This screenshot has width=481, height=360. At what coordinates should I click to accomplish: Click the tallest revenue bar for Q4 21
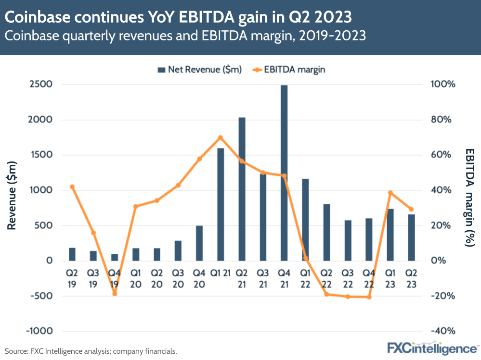pos(284,173)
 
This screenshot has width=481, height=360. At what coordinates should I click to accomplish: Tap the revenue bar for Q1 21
pos(221,204)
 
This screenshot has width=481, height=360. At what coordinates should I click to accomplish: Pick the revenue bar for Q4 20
pos(199,243)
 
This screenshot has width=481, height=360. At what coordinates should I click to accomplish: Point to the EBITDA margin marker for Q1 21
pos(221,138)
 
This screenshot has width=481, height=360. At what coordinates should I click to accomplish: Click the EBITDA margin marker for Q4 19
pos(115,294)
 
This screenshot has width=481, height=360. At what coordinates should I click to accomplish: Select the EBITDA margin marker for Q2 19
pos(72,187)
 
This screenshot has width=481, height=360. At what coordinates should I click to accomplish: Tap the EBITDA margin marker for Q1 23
pos(390,193)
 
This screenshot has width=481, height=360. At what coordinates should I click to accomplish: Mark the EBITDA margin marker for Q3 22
pos(348,297)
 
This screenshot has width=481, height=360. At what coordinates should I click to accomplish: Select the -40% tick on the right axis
pos(439,331)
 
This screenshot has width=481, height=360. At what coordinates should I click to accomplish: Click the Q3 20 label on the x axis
pos(178,278)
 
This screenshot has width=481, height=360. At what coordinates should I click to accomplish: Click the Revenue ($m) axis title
pos(12,197)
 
